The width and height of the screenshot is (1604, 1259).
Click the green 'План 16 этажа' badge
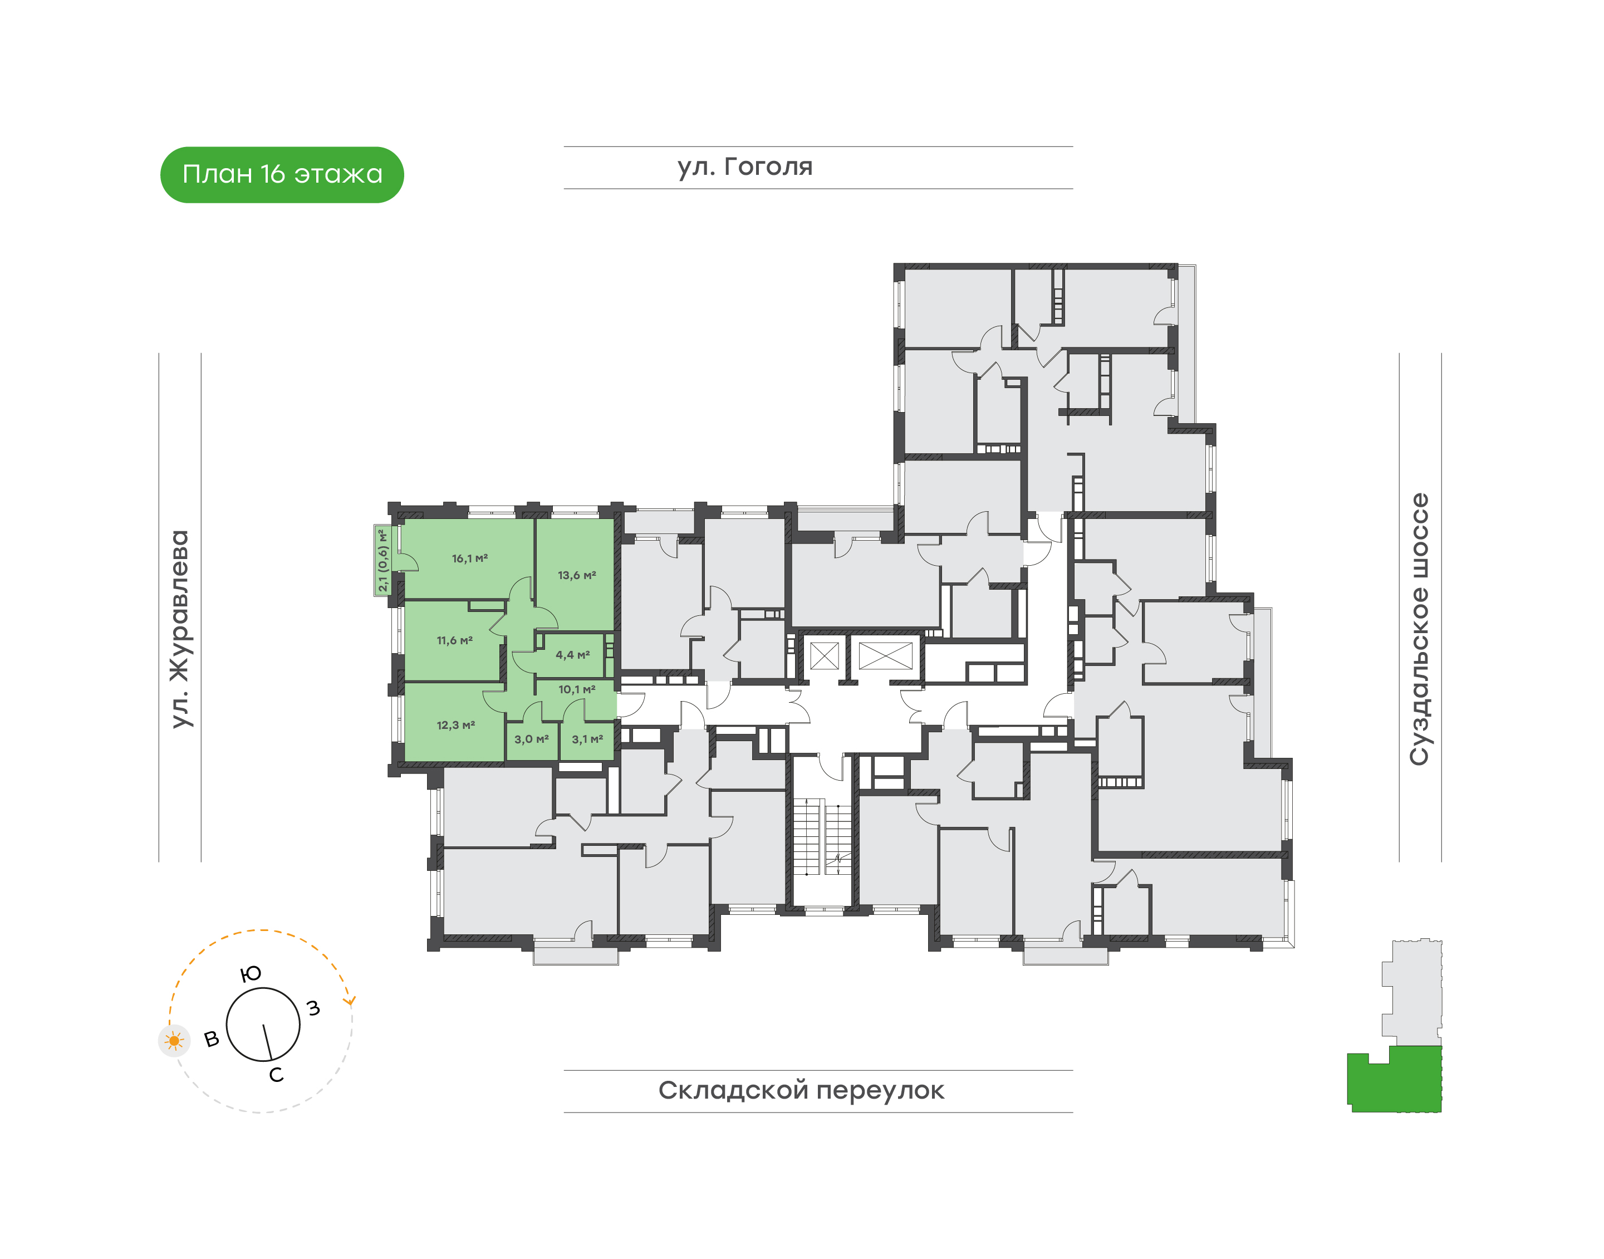click(282, 175)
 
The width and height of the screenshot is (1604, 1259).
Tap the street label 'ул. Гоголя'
click(744, 167)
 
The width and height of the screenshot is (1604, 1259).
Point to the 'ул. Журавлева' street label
click(180, 629)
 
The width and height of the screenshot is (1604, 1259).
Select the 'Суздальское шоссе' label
click(1419, 629)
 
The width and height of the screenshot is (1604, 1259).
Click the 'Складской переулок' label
click(801, 1090)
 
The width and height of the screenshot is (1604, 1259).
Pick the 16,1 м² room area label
click(469, 558)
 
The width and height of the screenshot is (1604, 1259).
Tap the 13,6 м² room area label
click(576, 575)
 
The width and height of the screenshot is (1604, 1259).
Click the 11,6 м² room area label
click(454, 640)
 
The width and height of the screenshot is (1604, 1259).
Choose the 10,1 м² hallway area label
click(576, 689)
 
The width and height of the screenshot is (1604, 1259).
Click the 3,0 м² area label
click(532, 738)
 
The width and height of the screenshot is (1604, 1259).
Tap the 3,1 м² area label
click(587, 738)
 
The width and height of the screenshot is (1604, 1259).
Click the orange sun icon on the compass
click(174, 1041)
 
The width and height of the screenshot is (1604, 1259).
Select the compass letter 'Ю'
click(251, 974)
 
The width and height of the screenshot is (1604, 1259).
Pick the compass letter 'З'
click(313, 1008)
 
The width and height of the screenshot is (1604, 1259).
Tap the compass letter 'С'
click(276, 1075)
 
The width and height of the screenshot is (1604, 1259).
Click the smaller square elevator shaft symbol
click(824, 655)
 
